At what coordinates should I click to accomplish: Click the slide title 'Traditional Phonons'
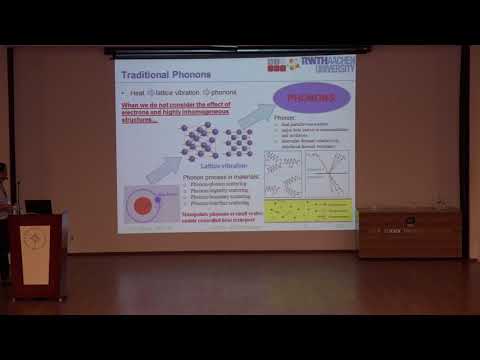(x=164, y=74)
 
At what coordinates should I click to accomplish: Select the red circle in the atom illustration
(x=142, y=206)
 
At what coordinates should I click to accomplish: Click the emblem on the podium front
(x=35, y=243)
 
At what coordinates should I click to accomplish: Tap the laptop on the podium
(x=38, y=206)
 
